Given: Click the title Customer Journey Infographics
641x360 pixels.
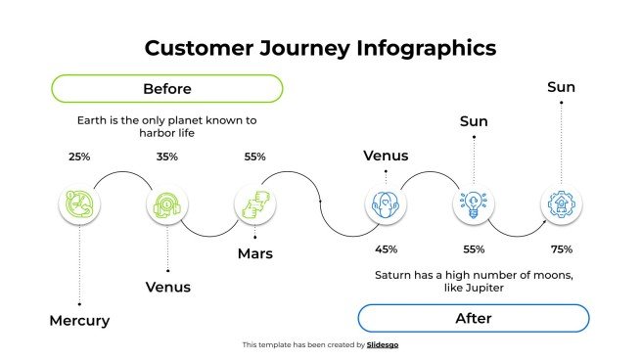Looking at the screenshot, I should point(320,48).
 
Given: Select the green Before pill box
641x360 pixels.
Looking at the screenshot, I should point(166,89).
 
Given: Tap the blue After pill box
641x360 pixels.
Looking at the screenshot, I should point(473,318).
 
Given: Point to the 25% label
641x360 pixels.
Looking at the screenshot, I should point(79,157).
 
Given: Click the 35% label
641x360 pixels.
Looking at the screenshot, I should point(167,157).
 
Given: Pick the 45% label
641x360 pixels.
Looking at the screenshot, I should point(386,248).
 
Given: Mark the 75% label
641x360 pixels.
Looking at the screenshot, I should point(562,248).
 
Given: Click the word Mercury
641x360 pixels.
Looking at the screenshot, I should point(79,321).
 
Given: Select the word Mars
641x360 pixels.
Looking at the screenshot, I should point(254,254).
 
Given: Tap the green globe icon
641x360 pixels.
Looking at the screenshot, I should point(78,204).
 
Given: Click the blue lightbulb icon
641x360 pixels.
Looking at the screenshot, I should point(474,204).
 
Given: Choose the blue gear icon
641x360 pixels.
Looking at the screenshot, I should point(562,204).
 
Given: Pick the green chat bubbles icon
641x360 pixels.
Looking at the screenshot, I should point(254,204).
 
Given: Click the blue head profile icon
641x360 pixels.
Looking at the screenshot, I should point(386,204).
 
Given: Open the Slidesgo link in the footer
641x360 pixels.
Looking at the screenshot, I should point(383,344).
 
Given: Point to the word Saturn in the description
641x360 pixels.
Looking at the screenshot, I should point(394,275).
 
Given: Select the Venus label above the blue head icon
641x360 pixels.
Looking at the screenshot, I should point(386,156).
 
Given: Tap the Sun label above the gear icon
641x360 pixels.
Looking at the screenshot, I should point(561,88).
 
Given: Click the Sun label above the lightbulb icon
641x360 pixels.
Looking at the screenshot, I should point(474,121).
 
